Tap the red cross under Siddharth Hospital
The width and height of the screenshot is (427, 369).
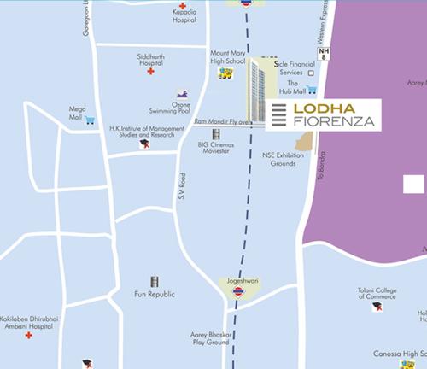[151, 73]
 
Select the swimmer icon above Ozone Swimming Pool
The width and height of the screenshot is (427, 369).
[181, 93]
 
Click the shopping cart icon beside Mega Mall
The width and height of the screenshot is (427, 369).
[90, 120]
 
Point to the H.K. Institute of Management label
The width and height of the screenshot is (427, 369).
[143, 132]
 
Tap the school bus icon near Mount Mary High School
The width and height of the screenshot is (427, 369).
[225, 73]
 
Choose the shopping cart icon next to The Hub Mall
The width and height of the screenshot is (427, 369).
[313, 90]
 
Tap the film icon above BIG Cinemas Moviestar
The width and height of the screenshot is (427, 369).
[215, 134]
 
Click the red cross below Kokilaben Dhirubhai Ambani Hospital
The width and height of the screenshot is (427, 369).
[28, 336]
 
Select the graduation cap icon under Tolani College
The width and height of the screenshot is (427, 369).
[377, 307]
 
